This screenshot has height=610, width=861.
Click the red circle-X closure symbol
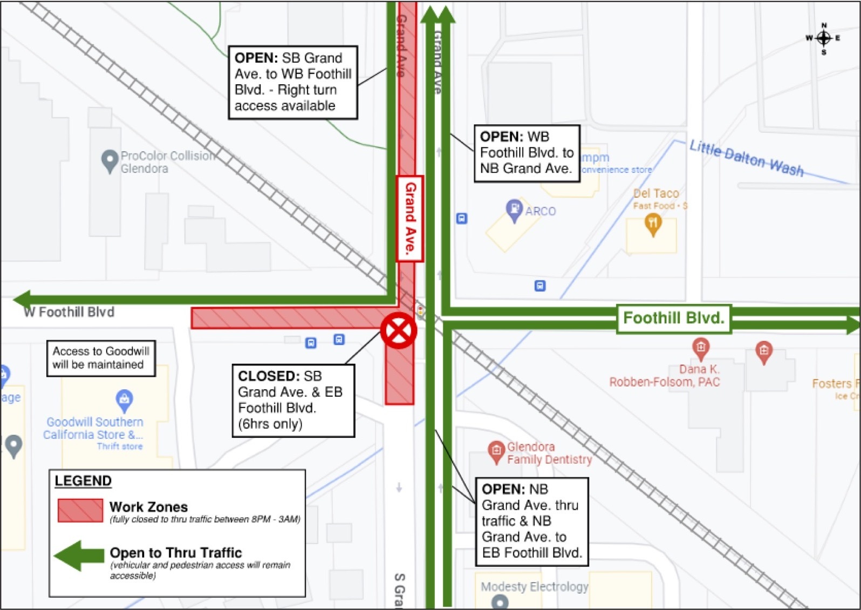point(399,330)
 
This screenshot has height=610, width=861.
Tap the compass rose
point(823,38)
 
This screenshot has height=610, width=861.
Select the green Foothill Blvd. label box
point(673,318)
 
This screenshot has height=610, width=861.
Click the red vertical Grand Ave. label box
point(410,219)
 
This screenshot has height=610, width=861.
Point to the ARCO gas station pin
point(514,209)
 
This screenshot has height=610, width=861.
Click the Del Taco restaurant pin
point(653,223)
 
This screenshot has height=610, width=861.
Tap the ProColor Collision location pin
point(110,160)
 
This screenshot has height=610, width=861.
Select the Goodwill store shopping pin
point(124,399)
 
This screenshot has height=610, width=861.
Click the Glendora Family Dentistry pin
point(496,451)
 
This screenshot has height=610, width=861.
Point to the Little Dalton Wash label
point(746,158)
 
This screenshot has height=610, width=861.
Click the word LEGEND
point(83,481)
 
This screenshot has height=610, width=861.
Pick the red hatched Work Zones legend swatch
point(80,510)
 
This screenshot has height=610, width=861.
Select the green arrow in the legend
point(79,555)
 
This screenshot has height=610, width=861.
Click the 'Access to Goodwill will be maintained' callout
point(101,358)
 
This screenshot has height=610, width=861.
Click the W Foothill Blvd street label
point(69,312)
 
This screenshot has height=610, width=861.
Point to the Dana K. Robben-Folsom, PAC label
point(664,376)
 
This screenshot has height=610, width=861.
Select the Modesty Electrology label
point(534,587)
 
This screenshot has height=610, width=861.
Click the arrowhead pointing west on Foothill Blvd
point(22,299)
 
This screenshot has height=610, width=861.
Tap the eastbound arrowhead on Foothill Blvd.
point(852,324)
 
